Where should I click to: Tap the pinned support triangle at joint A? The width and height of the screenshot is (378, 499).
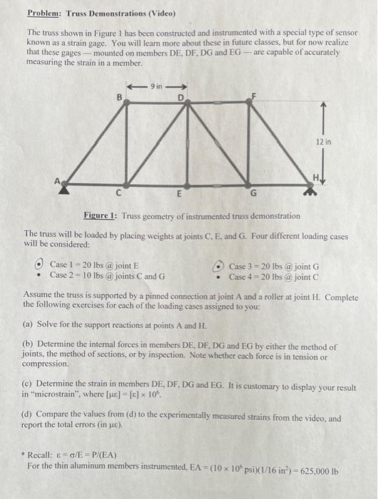[x=66, y=187]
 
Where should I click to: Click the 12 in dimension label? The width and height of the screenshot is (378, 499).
[x=324, y=142]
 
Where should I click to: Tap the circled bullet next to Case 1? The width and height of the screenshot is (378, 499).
[x=41, y=264]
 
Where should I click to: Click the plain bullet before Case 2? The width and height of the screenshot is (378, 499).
[x=41, y=275]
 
